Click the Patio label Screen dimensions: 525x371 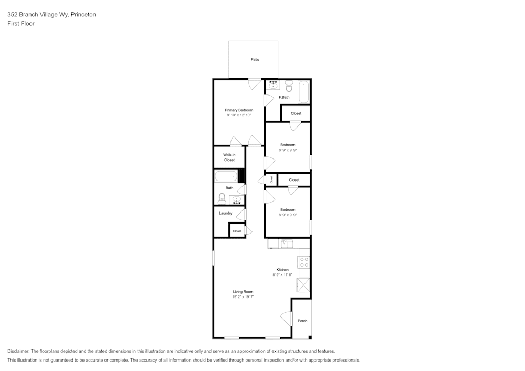255,59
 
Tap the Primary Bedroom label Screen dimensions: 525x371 239,110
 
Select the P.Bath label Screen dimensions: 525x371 284,98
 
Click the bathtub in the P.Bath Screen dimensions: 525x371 304,92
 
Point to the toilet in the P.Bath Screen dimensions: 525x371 289,87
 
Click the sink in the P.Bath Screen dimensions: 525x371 273,84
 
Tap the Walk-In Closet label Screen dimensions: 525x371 229,157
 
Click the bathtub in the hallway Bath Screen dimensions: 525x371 226,176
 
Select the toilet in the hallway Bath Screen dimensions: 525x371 222,199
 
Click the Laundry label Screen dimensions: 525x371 225,213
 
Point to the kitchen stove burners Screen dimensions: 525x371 304,262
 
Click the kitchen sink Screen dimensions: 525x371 287,243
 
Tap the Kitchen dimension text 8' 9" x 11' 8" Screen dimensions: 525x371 282,275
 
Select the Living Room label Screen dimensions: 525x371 243,292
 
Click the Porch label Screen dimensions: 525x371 302,321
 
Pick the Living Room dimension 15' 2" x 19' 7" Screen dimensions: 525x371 243,297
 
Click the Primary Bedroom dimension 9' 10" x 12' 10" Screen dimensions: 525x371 239,115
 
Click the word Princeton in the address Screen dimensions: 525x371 83,14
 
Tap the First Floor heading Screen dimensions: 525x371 21,24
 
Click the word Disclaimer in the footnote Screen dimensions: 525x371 18,351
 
